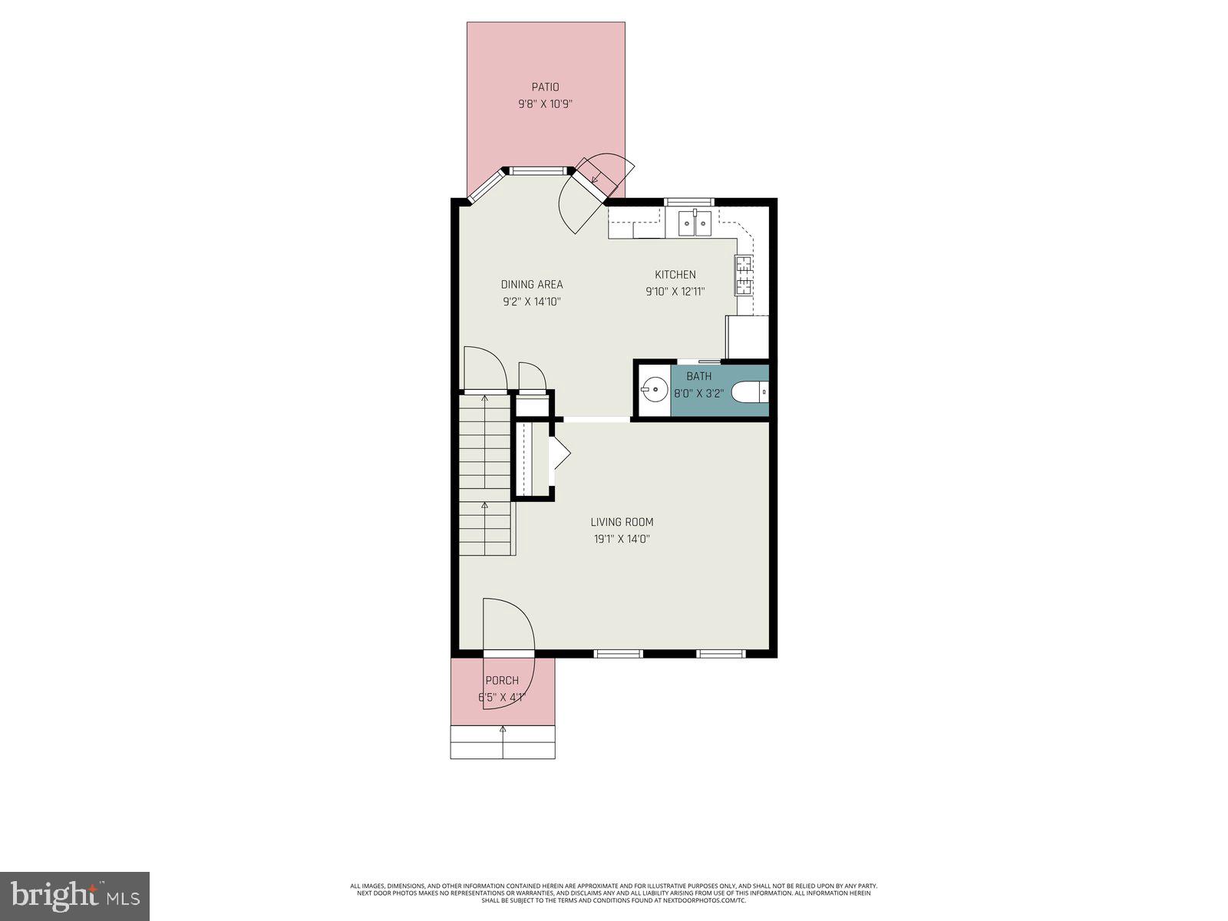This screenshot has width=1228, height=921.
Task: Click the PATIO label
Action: pyautogui.click(x=545, y=87)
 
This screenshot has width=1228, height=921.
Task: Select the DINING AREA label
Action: pyautogui.click(x=532, y=285)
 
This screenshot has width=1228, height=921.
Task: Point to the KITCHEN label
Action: pyautogui.click(x=675, y=275)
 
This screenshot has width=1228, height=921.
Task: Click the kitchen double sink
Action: pyautogui.click(x=695, y=226)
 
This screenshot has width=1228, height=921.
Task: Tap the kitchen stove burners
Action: pyautogui.click(x=744, y=276)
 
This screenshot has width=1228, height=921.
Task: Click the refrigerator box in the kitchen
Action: pyautogui.click(x=747, y=337)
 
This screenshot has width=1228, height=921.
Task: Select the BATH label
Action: pyautogui.click(x=698, y=376)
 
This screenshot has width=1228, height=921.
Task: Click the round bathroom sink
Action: pyautogui.click(x=654, y=391)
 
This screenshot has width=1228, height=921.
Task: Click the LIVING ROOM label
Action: pyautogui.click(x=622, y=522)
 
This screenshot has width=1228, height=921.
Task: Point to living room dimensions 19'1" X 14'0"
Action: pyautogui.click(x=622, y=539)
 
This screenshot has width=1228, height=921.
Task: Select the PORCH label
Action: pyautogui.click(x=502, y=681)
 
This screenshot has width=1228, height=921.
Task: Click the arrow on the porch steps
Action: pyautogui.click(x=503, y=731)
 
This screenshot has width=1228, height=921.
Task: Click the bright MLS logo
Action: pyautogui.click(x=74, y=896)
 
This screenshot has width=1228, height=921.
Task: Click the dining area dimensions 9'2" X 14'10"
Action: pyautogui.click(x=532, y=302)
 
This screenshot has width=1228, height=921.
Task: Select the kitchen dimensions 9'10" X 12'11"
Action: pyautogui.click(x=675, y=292)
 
